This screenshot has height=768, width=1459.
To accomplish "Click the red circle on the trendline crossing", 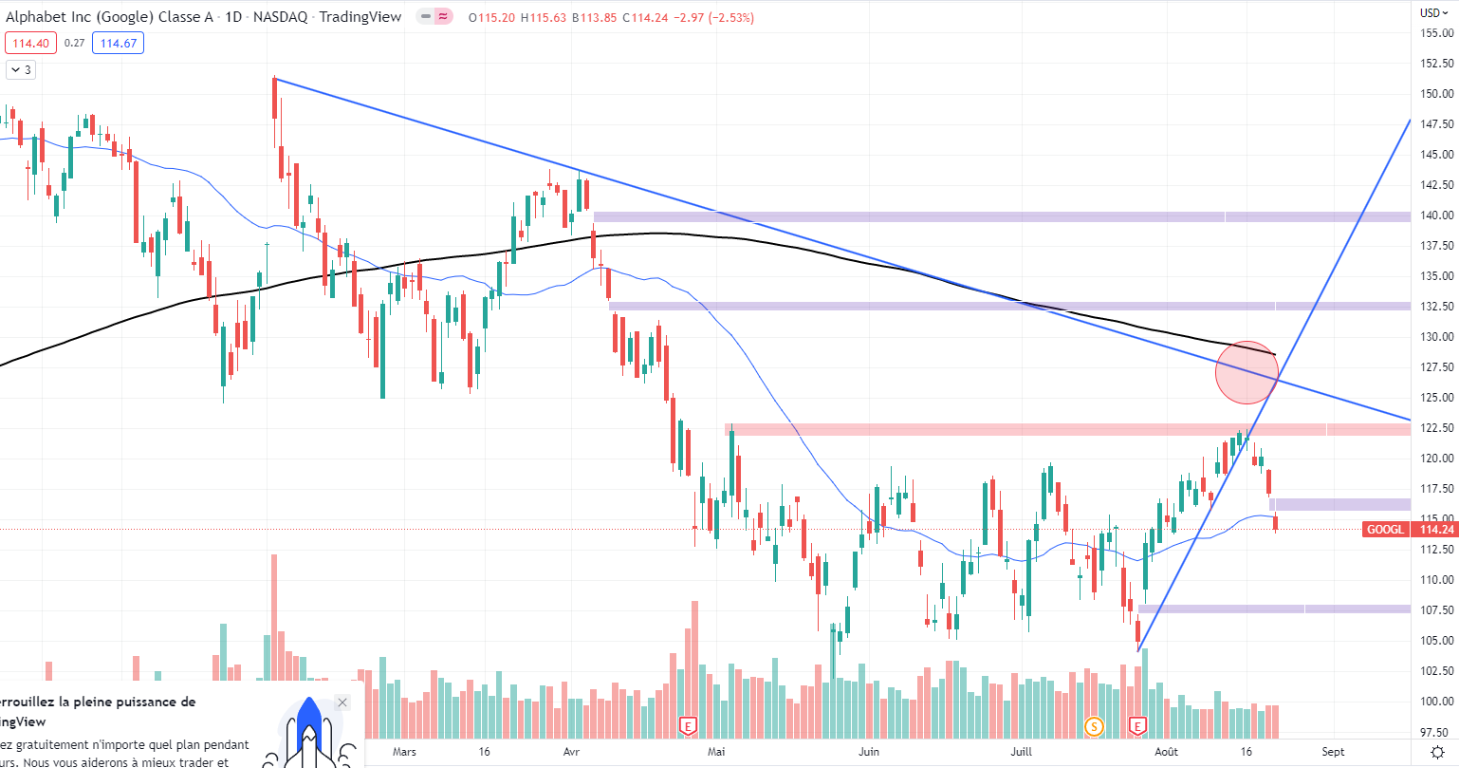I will (x=1247, y=373).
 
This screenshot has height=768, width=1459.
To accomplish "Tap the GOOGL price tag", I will (x=1384, y=529).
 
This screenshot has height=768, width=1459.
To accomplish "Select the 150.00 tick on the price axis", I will (x=1437, y=93).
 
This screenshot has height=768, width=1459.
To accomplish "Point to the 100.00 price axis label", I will (x=1437, y=701).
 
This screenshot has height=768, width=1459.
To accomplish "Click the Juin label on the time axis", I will (x=868, y=752).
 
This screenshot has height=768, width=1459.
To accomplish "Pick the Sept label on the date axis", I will (x=1333, y=752).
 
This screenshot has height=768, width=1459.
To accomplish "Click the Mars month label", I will (x=404, y=752).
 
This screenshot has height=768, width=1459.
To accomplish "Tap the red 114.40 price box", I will (x=31, y=43).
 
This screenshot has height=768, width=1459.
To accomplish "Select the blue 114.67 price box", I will (x=118, y=43).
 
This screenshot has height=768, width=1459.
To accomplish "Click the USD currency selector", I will (x=1434, y=13).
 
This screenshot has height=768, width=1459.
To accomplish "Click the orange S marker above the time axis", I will (x=1094, y=726).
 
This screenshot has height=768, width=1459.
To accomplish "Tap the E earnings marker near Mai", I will (x=689, y=726).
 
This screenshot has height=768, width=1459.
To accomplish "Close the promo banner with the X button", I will (x=342, y=702).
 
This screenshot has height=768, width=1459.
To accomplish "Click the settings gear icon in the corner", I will (x=1436, y=752).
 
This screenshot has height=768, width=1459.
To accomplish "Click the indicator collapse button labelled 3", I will (x=21, y=69).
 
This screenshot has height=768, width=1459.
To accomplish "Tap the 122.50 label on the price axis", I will (x=1437, y=427).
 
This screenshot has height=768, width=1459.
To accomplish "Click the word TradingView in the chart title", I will (x=360, y=17).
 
